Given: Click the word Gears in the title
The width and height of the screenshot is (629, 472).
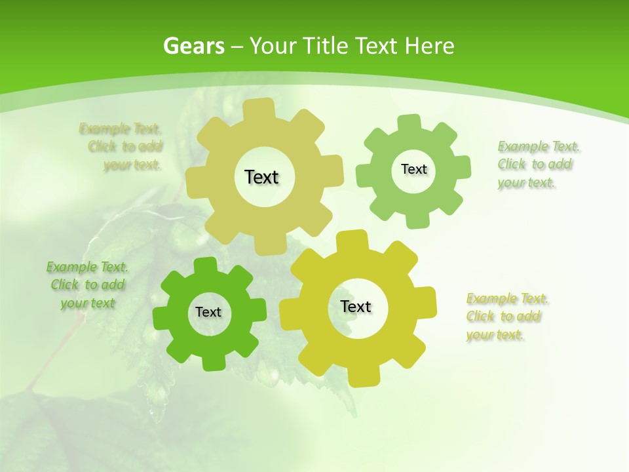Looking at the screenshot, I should click(x=193, y=46).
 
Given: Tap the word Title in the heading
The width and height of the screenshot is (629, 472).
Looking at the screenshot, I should click(x=326, y=46).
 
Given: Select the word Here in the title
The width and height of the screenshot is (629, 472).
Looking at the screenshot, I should click(x=430, y=46).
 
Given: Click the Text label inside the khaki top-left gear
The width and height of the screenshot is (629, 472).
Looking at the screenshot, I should click(x=261, y=177).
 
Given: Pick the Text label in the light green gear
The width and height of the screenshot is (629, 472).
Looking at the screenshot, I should click(x=413, y=169).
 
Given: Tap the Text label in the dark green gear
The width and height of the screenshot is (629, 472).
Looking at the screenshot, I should click(x=208, y=312).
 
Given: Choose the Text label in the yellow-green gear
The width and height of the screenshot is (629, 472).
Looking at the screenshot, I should click(x=356, y=306).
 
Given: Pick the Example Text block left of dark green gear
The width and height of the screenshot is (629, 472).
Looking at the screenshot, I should click(x=88, y=285).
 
